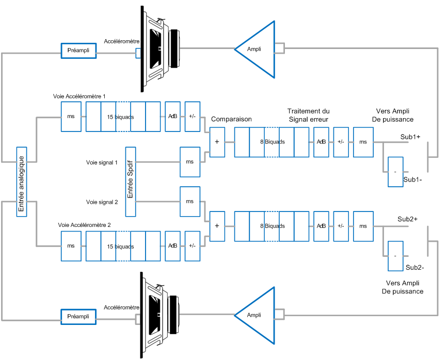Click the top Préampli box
[x=78, y=51]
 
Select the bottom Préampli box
[x=78, y=316]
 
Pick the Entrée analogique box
[x=21, y=182]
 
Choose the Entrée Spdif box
[x=130, y=182]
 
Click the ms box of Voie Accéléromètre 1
[x=71, y=117]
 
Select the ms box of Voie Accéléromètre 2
[x=71, y=246]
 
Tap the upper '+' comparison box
[x=217, y=141]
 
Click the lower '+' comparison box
[x=217, y=225]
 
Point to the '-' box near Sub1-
[x=395, y=171]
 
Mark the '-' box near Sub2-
[x=395, y=256]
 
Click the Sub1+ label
[x=410, y=137]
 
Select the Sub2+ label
[x=408, y=219]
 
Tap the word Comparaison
[x=231, y=119]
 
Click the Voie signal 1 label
[x=102, y=162]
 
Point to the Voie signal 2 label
[x=102, y=202]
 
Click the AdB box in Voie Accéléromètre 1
[x=172, y=117]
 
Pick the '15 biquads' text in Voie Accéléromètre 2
[x=120, y=247]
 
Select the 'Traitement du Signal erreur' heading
[x=308, y=115]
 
